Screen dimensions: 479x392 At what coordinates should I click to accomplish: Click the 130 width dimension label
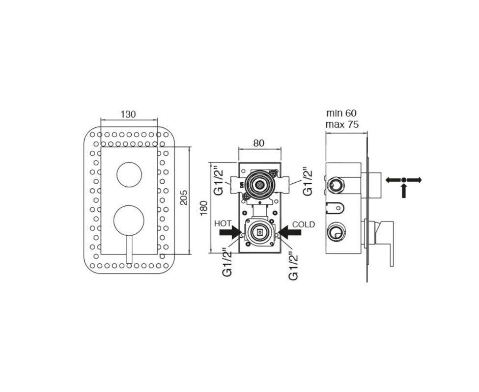tap(128, 115)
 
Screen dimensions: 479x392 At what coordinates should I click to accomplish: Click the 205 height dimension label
tap(184, 197)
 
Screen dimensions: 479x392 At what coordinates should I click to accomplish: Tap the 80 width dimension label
tap(259, 143)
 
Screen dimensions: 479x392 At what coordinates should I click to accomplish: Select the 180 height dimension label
tap(204, 208)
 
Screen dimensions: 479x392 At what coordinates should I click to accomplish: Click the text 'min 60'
tap(341, 113)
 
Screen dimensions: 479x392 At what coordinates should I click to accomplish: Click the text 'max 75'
tap(342, 124)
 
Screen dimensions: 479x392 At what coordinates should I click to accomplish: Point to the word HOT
tap(223, 223)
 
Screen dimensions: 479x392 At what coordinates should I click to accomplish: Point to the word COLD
tap(303, 224)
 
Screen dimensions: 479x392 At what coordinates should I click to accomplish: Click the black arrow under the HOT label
tap(230, 233)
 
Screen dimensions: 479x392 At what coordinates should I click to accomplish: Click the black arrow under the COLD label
tap(290, 233)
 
